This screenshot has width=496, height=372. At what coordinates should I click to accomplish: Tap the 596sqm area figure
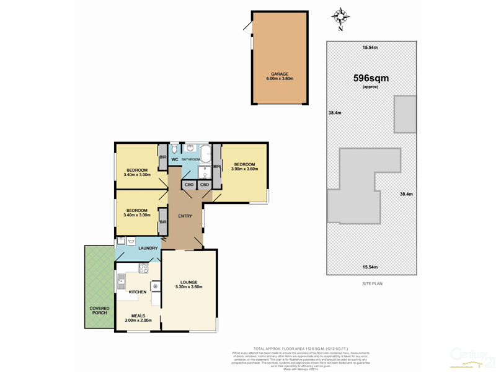(x=371, y=78)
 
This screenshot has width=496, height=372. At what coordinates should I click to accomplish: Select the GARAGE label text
(x=278, y=74)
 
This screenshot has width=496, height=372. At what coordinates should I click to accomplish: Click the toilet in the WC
(x=174, y=149)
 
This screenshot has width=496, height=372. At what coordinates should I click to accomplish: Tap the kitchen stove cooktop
(x=143, y=268)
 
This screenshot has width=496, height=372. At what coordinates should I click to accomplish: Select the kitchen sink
(x=121, y=282)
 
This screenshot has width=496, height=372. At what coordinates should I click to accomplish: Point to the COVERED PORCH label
(x=99, y=310)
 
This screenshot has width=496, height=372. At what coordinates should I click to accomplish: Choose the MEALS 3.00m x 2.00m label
(x=138, y=317)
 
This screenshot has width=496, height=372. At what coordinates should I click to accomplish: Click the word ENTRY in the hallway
(x=185, y=216)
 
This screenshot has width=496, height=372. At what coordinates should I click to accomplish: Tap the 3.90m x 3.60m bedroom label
(x=244, y=166)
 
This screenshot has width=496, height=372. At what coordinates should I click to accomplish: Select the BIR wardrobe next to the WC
(x=162, y=157)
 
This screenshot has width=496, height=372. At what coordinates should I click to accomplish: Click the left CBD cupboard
(x=189, y=185)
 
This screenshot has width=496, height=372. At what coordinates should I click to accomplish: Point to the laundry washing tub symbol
(x=122, y=241)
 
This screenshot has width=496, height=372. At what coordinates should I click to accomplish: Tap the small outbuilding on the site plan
(x=405, y=114)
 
